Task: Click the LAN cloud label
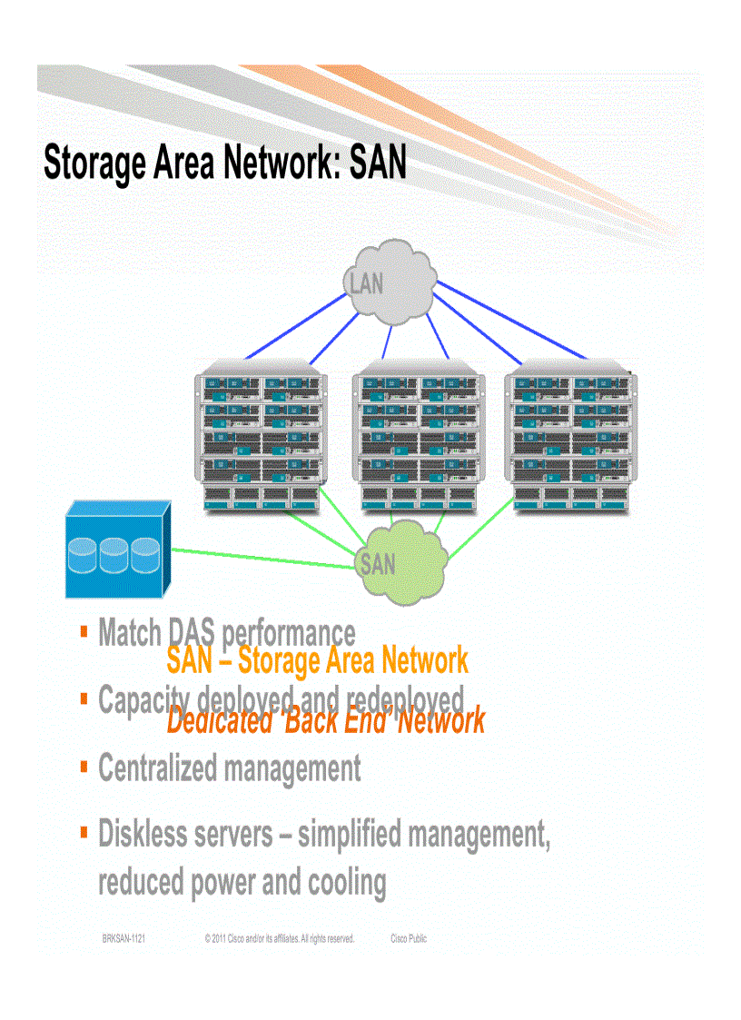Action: pos(367,283)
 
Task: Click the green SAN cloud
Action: pos(400,563)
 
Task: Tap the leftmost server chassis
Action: pos(261,439)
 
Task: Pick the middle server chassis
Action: pos(418,439)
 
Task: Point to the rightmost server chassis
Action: pos(570,439)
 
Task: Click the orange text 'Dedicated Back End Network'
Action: pos(325,721)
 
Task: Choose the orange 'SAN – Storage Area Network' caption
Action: pos(317,660)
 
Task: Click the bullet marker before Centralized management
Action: pos(84,765)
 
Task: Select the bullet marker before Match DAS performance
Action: pos(84,629)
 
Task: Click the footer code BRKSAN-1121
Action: pos(123,939)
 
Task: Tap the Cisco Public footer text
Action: pos(408,939)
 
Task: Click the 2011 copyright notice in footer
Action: pos(279,939)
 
